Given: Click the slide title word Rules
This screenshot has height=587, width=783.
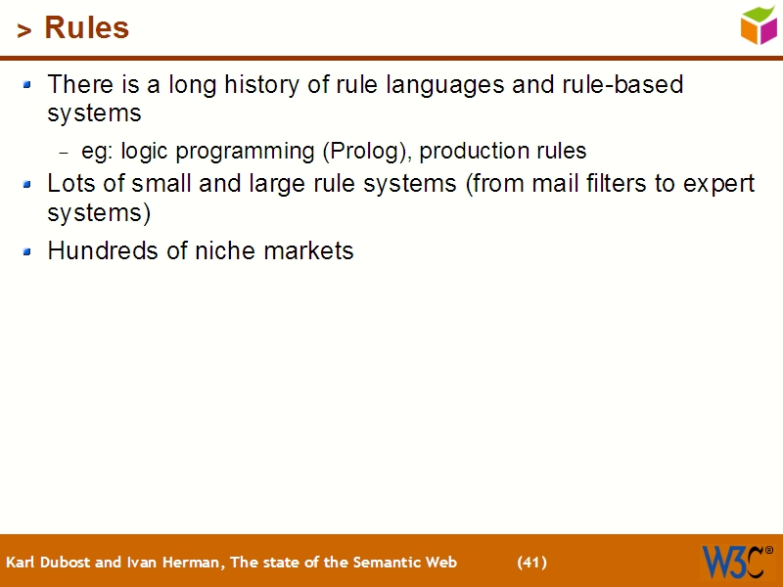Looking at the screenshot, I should coord(86,28).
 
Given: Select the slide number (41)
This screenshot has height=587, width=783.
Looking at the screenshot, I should coord(531,563).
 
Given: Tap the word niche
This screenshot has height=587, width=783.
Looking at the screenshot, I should coord(224,251).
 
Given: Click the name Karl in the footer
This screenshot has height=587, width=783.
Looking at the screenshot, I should coord(21,563).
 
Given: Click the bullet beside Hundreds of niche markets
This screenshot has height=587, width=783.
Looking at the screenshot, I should coord(28,251).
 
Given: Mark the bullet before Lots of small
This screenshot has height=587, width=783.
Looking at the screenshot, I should coord(28,184).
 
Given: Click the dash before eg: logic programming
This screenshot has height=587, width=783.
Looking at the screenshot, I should coord(65,153).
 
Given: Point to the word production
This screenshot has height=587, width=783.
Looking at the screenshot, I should coord(469,152).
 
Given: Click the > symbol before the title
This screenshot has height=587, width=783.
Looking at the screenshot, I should coord(24,31).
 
